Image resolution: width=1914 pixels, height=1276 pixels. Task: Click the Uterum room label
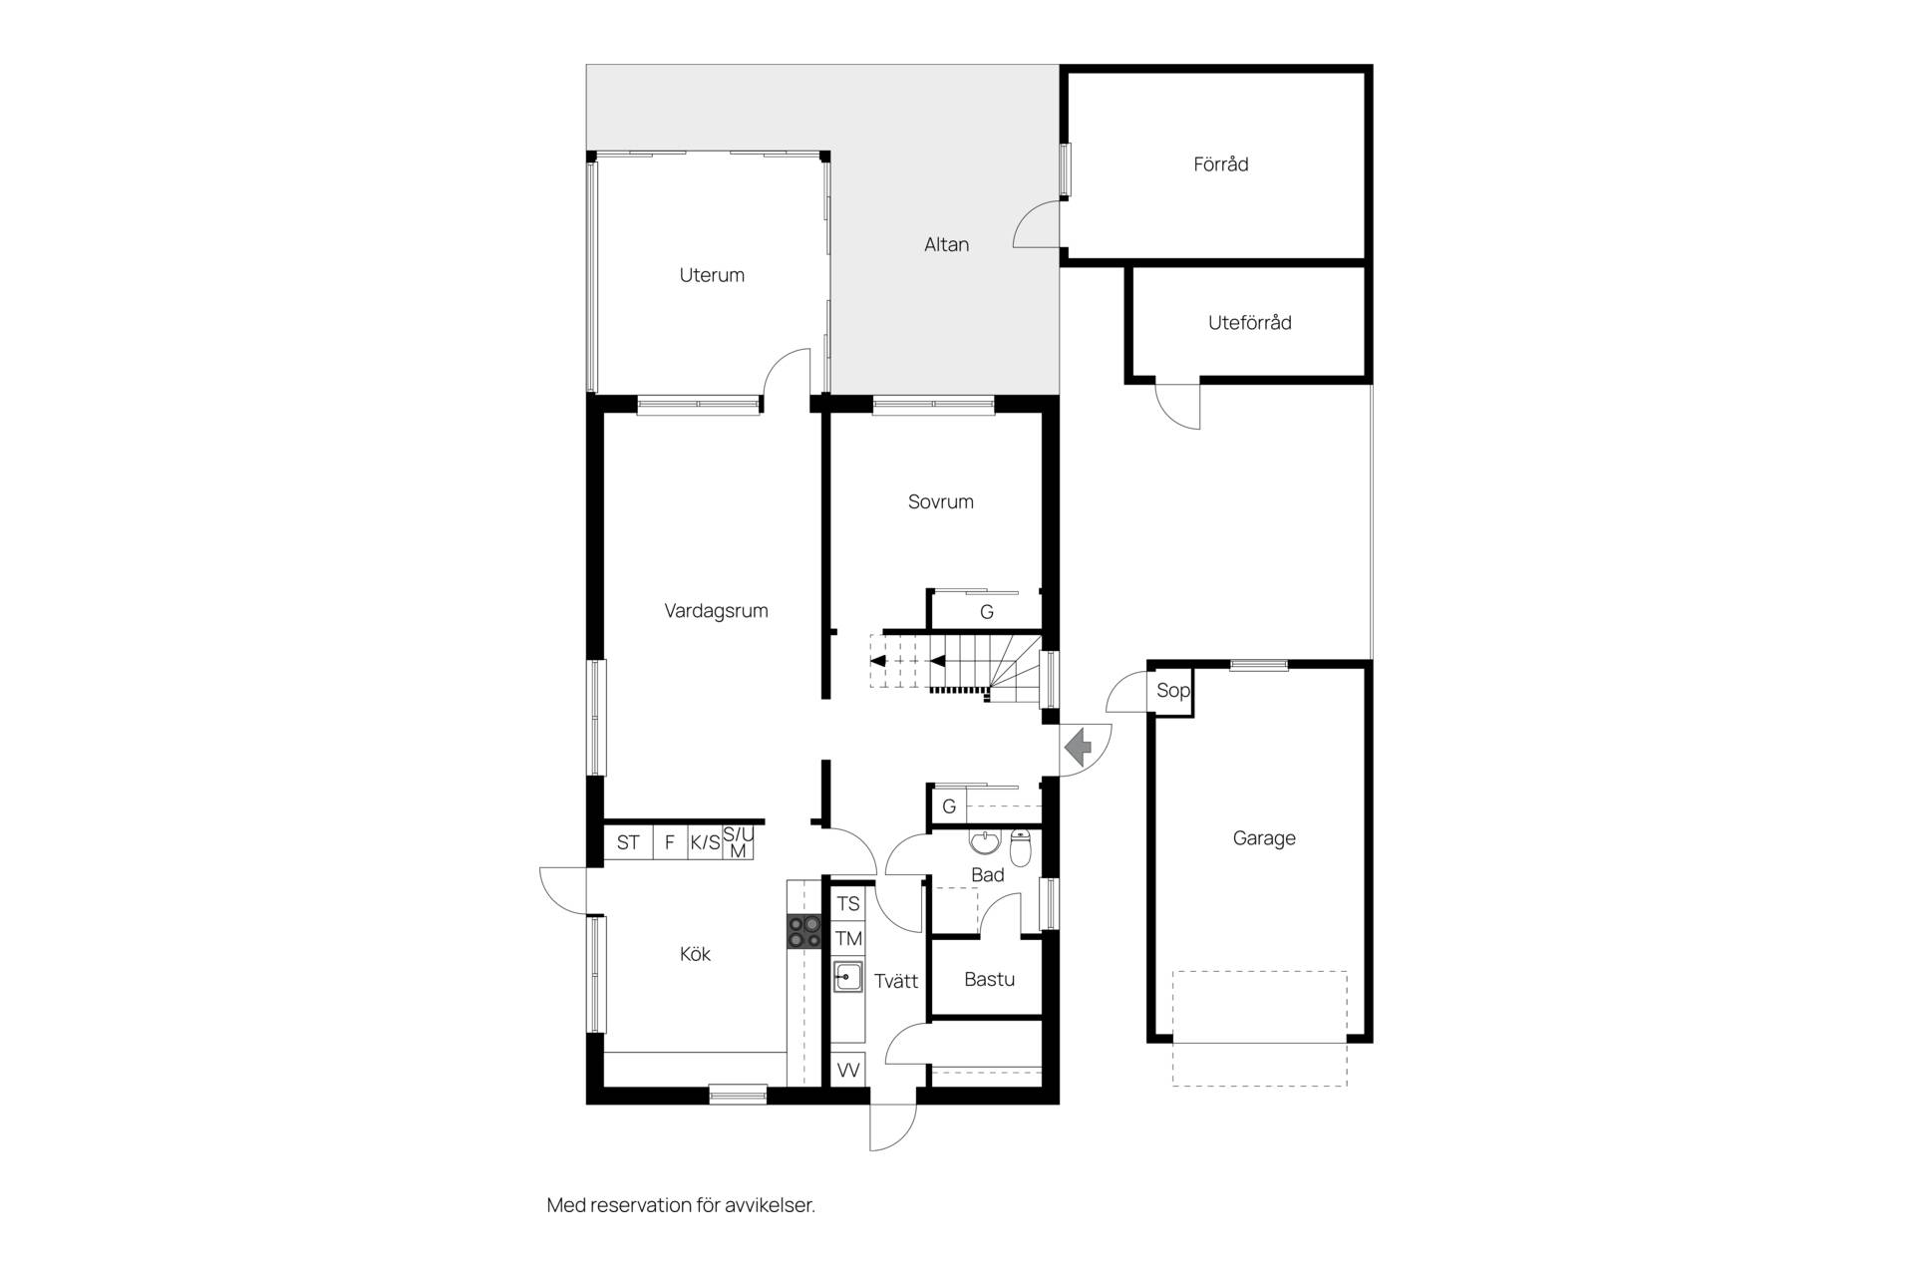click(x=712, y=275)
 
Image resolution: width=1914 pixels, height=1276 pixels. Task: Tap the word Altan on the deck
click(x=946, y=244)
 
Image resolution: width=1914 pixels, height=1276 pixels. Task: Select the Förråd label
click(x=1221, y=163)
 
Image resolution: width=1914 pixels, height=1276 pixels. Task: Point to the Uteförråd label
click(x=1250, y=322)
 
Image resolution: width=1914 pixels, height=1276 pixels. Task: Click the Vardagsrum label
click(x=717, y=611)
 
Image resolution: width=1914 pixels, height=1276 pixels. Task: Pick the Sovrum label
click(x=941, y=501)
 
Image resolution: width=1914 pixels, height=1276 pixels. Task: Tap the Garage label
click(x=1264, y=838)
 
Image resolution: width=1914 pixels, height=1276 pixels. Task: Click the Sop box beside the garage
click(x=1173, y=690)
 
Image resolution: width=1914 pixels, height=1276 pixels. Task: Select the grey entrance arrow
click(x=1078, y=746)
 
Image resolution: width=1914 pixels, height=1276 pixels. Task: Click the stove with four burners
click(x=804, y=931)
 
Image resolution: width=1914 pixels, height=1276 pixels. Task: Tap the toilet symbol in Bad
click(x=1021, y=846)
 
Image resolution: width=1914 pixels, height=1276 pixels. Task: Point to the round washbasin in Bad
click(x=984, y=842)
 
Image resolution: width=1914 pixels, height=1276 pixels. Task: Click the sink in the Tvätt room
click(x=848, y=976)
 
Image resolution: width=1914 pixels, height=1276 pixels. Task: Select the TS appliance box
click(x=848, y=904)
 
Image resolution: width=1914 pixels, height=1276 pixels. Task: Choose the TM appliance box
click(x=848, y=938)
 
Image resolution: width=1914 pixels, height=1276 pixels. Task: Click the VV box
click(x=848, y=1070)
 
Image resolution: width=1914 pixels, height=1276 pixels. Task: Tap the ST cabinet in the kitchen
click(x=628, y=842)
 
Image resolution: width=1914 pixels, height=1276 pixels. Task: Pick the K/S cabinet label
click(x=705, y=842)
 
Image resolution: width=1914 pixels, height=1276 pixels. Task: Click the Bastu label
click(x=990, y=979)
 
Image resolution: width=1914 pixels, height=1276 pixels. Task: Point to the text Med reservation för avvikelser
click(x=681, y=1205)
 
